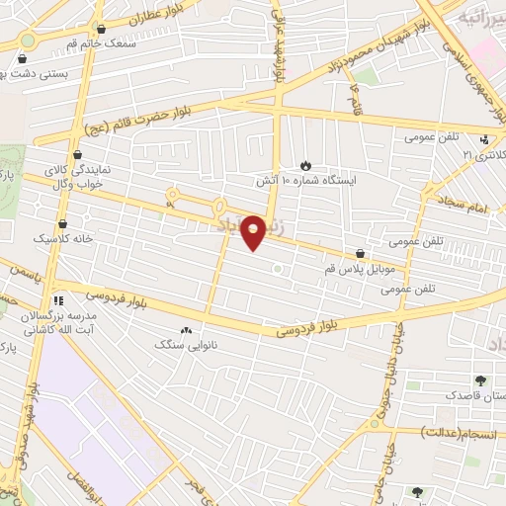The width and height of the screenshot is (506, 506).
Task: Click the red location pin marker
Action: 253,231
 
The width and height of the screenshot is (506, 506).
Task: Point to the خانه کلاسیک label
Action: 61,239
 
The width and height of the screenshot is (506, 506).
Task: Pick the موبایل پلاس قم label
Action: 360,269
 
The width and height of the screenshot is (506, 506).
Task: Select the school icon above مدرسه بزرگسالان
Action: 59,298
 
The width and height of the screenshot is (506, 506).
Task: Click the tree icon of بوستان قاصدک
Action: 481,379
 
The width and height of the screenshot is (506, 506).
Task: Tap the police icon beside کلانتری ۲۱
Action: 484,140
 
